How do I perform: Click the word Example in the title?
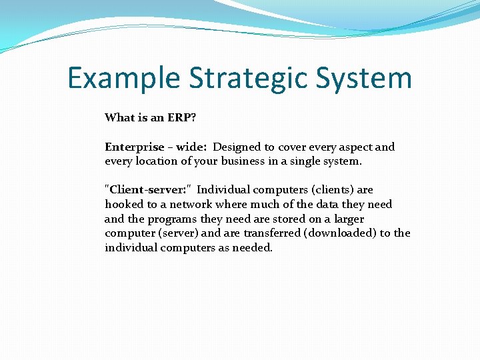point(124,79)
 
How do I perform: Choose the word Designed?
point(236,147)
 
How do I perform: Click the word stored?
point(275,219)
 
